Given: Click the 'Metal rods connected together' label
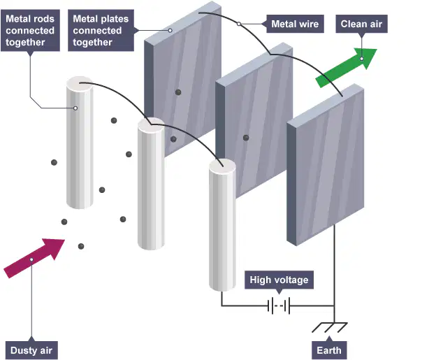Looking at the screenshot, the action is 30,31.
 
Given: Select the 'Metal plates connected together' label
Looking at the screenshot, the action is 101,31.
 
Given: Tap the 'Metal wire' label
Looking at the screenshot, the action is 295,24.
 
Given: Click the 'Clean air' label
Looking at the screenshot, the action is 361,24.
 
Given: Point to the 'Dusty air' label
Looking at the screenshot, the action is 31,350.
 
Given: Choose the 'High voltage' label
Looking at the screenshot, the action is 279,280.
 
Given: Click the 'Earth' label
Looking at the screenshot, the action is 329,350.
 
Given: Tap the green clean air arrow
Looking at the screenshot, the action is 346,68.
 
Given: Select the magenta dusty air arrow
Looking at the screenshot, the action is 34,258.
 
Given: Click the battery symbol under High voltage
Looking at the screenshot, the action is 279,305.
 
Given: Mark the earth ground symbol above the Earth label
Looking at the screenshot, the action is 330,327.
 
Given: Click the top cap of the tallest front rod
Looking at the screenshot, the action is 222,166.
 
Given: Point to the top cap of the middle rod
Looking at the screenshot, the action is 151,125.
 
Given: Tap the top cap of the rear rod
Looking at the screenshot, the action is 80,84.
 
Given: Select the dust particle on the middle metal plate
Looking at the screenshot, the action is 246,138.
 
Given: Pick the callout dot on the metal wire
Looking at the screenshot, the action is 239,24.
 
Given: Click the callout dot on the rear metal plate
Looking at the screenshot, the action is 170,30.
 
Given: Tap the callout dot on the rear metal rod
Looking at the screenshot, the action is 75,108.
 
